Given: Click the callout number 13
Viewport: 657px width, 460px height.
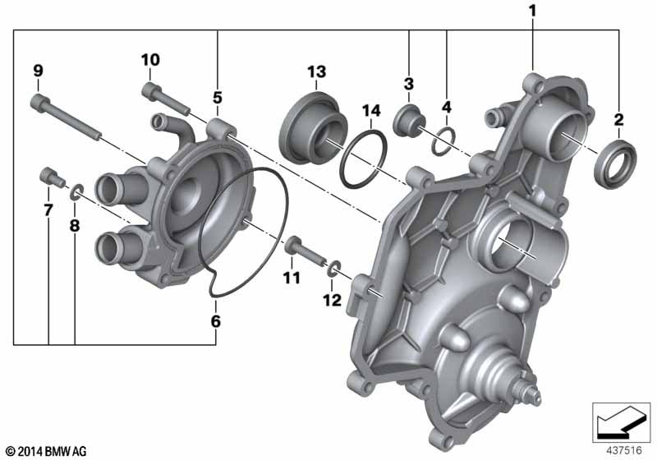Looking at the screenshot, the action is (316, 72).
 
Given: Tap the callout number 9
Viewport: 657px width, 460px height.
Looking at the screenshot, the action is (38, 71).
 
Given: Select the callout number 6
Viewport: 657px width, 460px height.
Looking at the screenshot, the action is (215, 321).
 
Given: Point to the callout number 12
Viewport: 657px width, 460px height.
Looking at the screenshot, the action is (333, 300).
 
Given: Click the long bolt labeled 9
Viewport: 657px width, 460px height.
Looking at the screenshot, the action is (65, 117).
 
